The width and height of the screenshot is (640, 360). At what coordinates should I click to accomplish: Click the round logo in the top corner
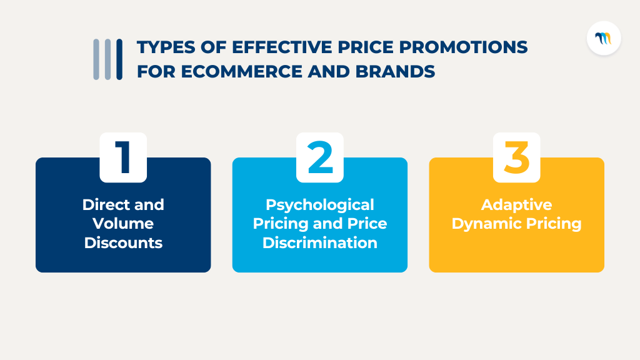point(604,38)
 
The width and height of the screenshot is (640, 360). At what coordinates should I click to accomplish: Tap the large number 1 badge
point(123,157)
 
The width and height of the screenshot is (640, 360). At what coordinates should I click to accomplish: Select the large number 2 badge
point(320,157)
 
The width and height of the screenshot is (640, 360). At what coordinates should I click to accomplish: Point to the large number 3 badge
point(516,157)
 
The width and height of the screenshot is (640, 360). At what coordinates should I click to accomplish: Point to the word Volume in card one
point(123,224)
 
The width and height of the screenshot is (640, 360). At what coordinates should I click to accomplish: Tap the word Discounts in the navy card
point(123,243)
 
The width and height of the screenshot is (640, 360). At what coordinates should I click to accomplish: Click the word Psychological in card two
point(320,204)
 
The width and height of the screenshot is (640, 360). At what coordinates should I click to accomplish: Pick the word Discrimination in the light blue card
point(320,243)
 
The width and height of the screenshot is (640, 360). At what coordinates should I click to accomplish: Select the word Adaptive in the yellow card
point(516,204)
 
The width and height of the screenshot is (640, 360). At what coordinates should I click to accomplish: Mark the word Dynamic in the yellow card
point(484,224)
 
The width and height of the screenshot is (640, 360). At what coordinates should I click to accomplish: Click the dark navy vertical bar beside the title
point(119,59)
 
